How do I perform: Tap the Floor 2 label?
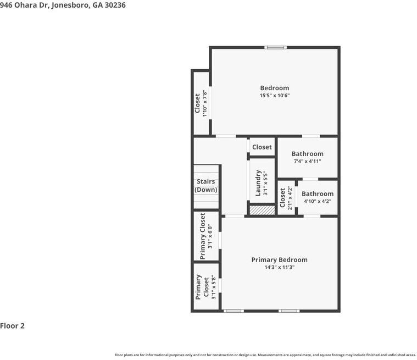13,326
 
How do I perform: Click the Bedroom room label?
274,88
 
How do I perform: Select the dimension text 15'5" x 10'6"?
274,96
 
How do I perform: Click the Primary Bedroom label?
279,260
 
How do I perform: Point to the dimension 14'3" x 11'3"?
279,268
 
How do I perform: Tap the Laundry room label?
258,183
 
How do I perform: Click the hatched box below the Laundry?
262,209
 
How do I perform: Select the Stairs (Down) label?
206,186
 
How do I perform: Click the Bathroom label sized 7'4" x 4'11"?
307,154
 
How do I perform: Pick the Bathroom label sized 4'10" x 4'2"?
317,193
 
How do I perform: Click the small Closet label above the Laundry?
262,147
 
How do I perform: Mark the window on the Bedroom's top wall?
275,48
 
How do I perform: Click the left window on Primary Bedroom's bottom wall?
233,311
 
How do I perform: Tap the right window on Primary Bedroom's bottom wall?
289,311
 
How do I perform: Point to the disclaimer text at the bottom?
265,355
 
